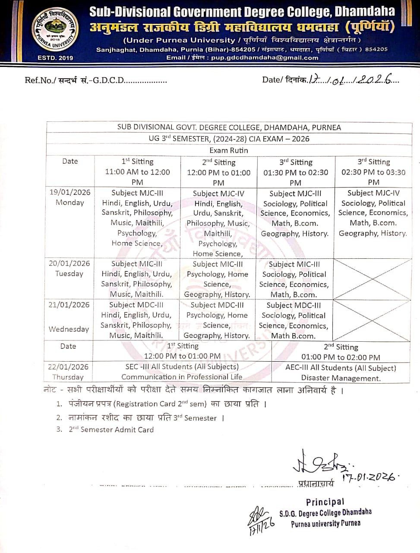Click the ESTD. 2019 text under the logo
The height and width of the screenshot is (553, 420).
tap(55, 58)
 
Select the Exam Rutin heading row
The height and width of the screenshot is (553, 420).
tap(229, 150)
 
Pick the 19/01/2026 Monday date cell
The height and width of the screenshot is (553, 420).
tap(69, 197)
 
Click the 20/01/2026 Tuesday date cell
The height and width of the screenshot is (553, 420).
tap(69, 268)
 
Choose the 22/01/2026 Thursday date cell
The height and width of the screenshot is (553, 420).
tap(68, 372)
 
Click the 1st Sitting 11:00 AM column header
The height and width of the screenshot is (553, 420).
tap(137, 172)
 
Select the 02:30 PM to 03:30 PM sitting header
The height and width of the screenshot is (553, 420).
tap(373, 172)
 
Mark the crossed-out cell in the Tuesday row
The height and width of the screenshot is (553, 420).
tap(373, 279)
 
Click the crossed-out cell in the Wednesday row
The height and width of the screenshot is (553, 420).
tap(373, 320)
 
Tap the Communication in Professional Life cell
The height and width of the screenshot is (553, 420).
tap(182, 377)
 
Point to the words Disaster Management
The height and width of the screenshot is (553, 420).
tap(341, 378)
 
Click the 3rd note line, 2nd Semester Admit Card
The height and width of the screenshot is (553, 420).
tap(111, 429)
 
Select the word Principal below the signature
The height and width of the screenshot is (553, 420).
tap(325, 502)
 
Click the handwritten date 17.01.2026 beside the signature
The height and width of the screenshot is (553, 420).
tap(369, 477)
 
